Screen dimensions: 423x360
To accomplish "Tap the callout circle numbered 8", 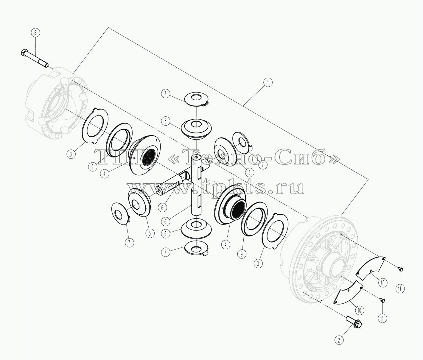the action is pyautogui.click(x=36, y=32).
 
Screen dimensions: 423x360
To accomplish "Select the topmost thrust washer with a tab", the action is pyautogui.click(x=197, y=100).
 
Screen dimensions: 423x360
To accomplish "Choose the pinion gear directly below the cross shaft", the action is pyautogui.click(x=196, y=228).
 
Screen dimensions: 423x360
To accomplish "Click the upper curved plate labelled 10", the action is pyautogui.click(x=371, y=268).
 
